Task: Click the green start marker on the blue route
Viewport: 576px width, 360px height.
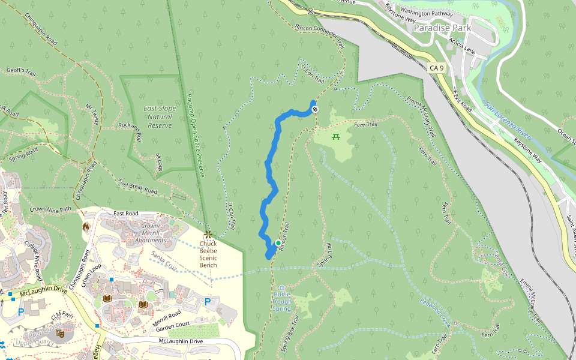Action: click(278, 243)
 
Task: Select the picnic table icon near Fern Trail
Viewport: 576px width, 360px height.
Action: click(336, 137)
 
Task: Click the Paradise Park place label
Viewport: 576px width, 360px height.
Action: click(442, 28)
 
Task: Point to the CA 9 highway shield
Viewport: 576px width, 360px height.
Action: click(437, 68)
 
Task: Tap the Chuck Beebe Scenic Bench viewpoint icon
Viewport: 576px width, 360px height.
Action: click(208, 233)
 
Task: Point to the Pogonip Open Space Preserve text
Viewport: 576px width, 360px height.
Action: click(196, 135)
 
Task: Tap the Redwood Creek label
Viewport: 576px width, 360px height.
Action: click(435, 312)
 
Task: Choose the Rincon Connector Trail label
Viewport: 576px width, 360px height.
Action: click(320, 35)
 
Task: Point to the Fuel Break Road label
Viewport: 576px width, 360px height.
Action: click(137, 187)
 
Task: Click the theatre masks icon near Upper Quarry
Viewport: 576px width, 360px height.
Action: click(59, 332)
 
